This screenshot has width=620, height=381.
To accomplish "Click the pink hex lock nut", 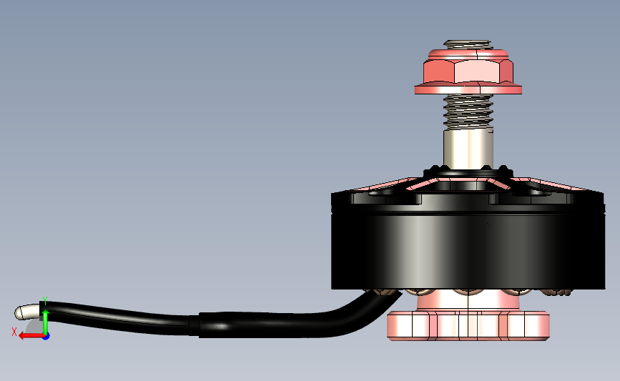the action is [468, 67].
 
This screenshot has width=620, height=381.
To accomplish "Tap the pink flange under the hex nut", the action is [468, 89].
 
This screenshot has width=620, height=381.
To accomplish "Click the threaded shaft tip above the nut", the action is [468, 44].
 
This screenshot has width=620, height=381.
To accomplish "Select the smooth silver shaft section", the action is [468, 149].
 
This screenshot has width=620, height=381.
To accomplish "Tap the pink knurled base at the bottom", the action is [468, 325].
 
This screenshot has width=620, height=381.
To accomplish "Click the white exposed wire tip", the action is [27, 312].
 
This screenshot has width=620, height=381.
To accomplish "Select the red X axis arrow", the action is [31, 336].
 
